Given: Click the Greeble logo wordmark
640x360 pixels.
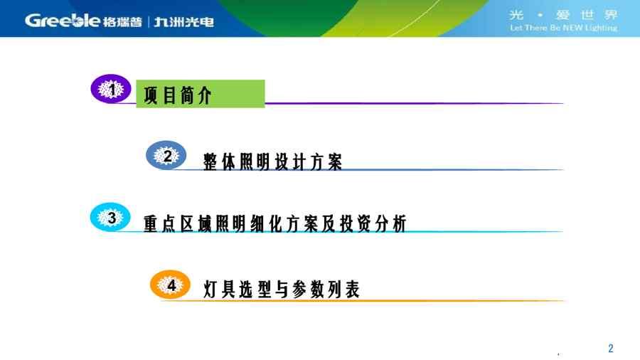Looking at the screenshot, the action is pos(62,21).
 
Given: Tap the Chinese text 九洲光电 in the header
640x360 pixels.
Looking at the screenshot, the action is pos(183,22).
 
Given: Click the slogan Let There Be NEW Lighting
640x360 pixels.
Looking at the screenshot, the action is pos(563,28).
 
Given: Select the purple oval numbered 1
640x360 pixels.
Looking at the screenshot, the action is pos(111,88).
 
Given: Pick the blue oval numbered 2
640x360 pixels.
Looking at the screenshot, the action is pos(166,155).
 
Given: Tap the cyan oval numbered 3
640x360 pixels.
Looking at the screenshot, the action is pos(110,217).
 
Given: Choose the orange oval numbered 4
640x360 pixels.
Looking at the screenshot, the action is pos(170,285).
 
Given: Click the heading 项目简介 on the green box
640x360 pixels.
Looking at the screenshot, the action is pos(178,95).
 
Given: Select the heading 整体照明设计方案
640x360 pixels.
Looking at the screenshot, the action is pos(272,162).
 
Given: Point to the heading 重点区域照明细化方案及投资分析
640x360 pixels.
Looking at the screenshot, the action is pos(275,223).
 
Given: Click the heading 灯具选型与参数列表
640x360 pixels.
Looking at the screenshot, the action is pos(281,290).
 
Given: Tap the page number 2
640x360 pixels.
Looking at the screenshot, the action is pos(611,348).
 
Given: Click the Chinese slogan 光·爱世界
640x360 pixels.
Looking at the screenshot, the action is pos(563,15).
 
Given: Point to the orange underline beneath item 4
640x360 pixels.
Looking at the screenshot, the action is pos(363,301).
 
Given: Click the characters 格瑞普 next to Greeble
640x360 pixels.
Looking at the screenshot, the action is pos(122,22).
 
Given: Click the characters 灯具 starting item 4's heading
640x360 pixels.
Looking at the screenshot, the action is pos(219,290).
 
